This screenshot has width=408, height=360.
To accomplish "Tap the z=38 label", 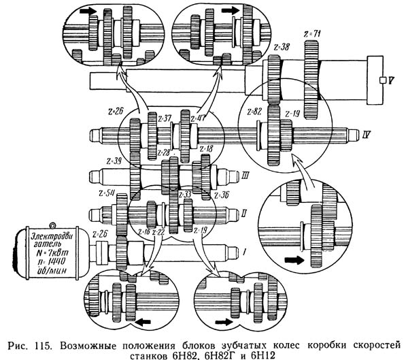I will click(x=278, y=48).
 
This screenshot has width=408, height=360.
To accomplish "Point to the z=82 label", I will click(x=254, y=110).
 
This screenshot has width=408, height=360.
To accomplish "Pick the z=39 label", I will click(x=114, y=161).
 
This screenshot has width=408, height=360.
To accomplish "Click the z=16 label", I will click(x=144, y=232).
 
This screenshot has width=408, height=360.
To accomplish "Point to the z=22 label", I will click(x=159, y=232).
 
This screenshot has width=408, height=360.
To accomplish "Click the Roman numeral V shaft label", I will click(x=384, y=80).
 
